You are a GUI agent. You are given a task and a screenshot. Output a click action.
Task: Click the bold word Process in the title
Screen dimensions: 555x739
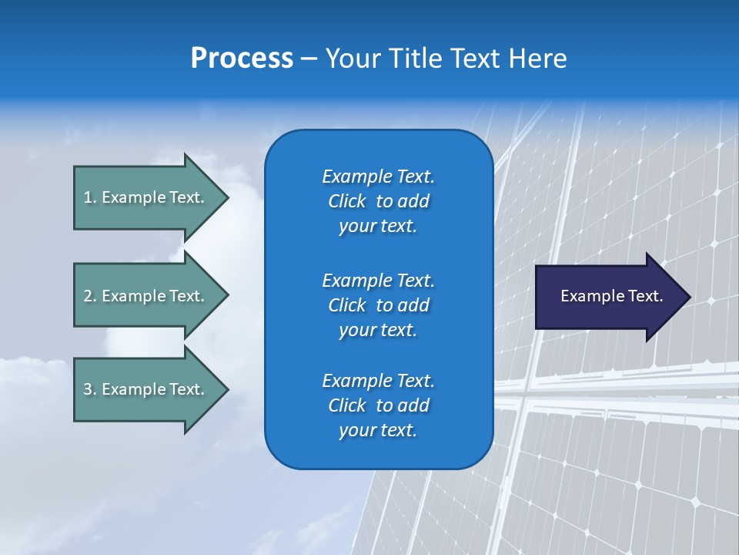coord(242,59)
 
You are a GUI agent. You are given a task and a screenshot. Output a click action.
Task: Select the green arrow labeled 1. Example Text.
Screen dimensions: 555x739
coord(144,197)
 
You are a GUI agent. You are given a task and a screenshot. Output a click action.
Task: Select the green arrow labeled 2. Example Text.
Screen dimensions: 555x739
coord(144,296)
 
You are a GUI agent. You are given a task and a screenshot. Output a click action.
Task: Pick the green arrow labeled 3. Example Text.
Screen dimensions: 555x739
coord(144,389)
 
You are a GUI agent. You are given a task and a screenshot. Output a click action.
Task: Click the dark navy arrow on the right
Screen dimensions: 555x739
coord(600,296)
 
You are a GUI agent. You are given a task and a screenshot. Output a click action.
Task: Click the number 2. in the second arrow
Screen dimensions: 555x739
coord(89,296)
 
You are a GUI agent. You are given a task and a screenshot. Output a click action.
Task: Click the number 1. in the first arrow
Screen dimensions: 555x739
coord(89,197)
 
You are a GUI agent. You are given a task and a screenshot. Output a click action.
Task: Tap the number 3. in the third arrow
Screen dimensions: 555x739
coord(89,389)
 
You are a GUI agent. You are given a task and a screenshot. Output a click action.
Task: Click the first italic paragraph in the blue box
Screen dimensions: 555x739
coord(378,201)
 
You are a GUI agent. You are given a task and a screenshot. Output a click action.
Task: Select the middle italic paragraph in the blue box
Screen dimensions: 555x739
coord(378,305)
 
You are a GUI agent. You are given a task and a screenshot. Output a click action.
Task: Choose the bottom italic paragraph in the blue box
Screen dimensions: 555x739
coord(378,405)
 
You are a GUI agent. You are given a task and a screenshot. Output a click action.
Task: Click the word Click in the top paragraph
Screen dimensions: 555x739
coord(346,201)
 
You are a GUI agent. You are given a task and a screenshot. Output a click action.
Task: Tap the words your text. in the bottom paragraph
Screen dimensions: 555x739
coord(378,430)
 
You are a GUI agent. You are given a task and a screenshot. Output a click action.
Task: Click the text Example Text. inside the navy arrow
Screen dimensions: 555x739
coord(611,296)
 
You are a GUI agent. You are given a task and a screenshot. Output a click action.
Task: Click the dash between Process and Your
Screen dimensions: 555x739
coord(309,59)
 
